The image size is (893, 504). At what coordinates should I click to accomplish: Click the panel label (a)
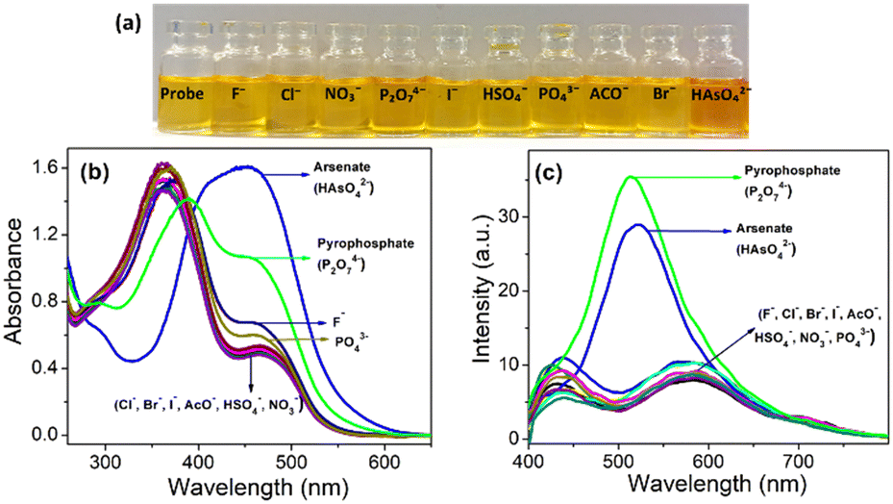128,24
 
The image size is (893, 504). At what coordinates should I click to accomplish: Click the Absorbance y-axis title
14,281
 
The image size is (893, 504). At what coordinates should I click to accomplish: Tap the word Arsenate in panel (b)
341,167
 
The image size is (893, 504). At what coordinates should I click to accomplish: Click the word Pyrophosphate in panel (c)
792,170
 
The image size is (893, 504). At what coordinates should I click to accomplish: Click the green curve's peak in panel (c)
630,177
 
